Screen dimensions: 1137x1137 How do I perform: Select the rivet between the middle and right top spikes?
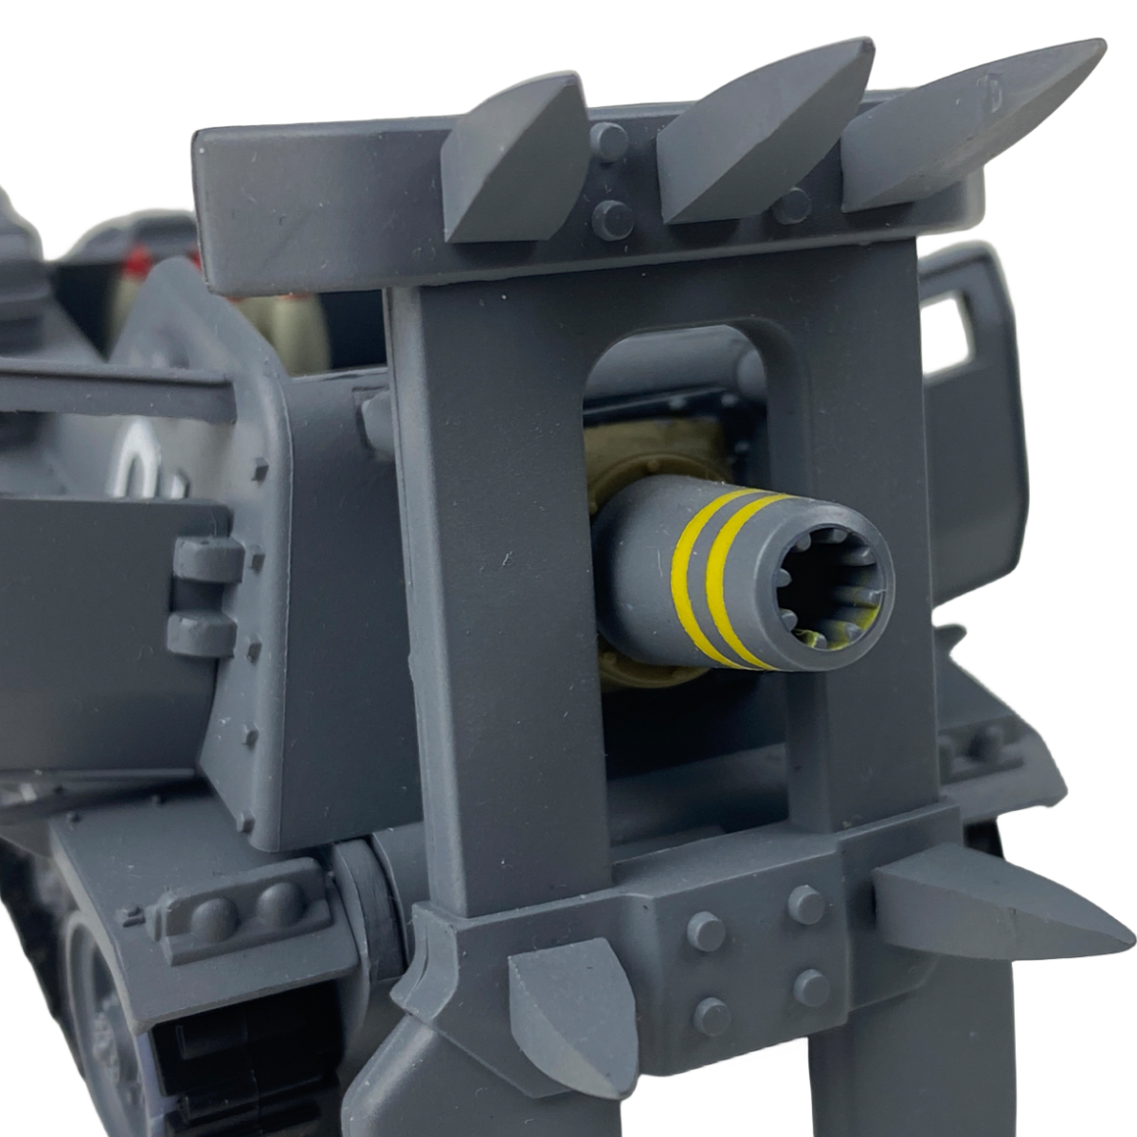click(789, 205)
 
